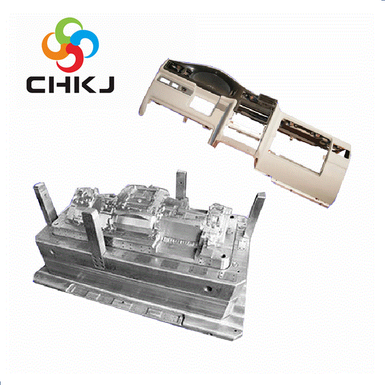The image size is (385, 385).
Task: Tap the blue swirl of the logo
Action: click(x=90, y=42)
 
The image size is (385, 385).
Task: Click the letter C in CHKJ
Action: click(x=35, y=85)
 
